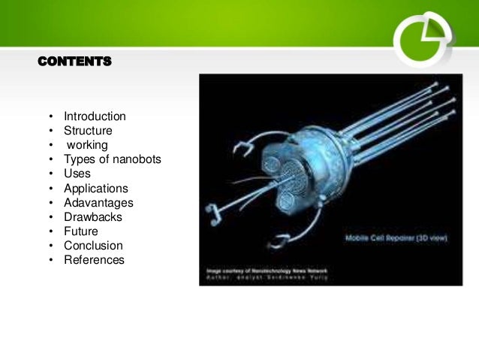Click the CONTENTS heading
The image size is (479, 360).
click(74, 61)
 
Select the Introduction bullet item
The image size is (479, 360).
click(95, 116)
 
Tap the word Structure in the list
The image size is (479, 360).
click(89, 131)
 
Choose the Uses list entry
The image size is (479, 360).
click(77, 174)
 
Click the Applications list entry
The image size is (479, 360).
click(95, 189)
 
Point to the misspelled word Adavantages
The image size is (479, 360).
click(98, 203)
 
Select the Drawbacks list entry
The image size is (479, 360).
click(93, 217)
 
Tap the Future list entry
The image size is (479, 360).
click(81, 231)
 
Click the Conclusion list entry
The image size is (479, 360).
click(93, 246)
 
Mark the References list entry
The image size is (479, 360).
click(94, 260)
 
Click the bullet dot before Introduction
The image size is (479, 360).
click(50, 117)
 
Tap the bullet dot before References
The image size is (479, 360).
click(50, 261)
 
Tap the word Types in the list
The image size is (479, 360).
click(80, 159)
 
